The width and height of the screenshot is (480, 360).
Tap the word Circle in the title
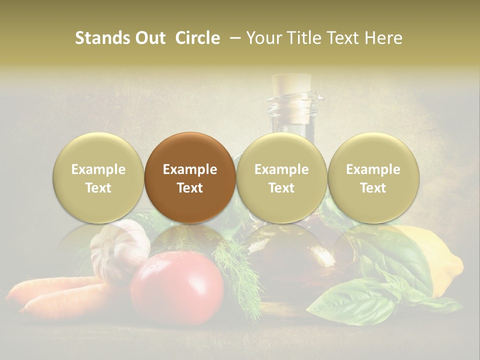(197, 38)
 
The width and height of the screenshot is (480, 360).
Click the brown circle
(190, 177)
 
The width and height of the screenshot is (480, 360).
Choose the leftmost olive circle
(98, 177)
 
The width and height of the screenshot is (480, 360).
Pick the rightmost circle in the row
(373, 177)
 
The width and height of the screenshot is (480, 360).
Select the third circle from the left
(281, 177)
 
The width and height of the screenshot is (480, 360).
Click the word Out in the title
(150, 38)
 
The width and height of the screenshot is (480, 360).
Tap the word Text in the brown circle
(190, 188)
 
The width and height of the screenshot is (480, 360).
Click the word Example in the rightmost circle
(373, 169)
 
